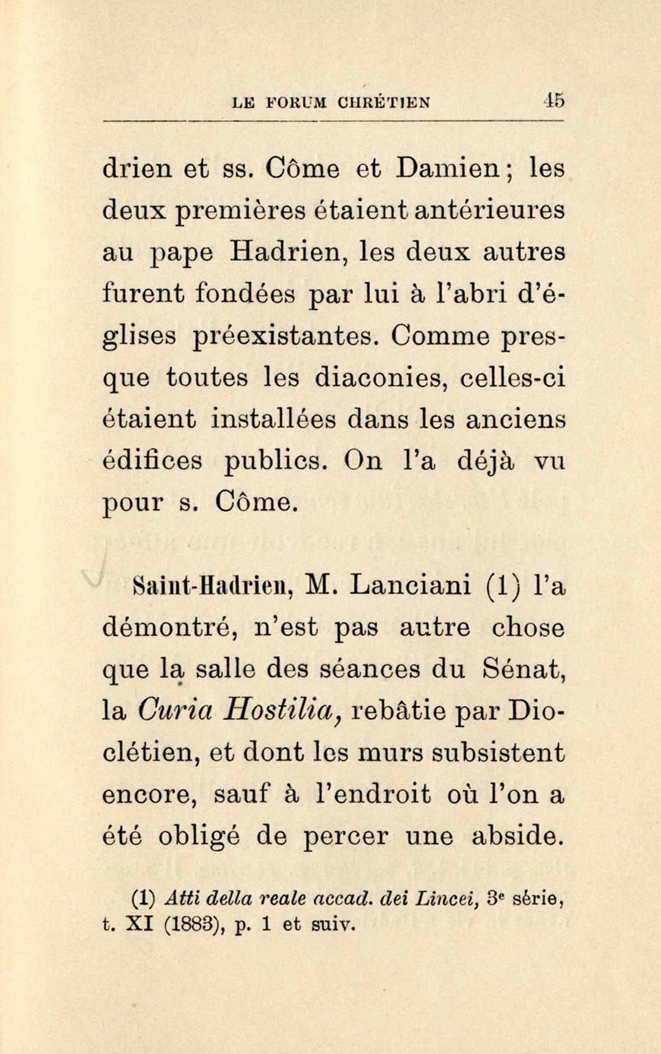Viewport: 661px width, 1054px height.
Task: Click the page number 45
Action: pyautogui.click(x=554, y=101)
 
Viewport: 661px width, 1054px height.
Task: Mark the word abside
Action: pyautogui.click(x=518, y=836)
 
